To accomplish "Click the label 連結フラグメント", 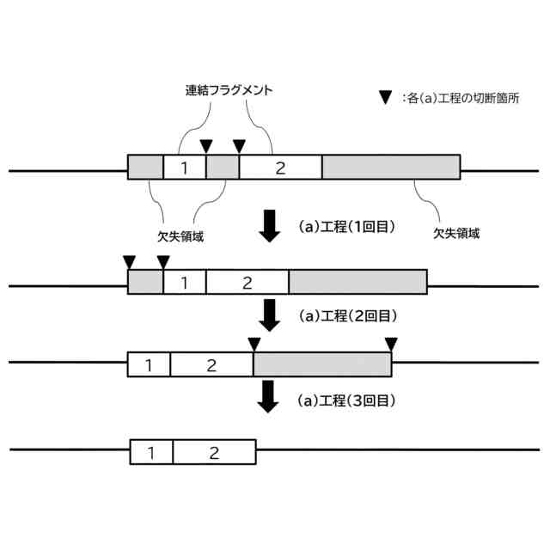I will [229, 89].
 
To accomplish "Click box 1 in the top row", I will [185, 168].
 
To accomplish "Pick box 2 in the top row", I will [280, 168].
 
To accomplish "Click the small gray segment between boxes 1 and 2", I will [223, 168].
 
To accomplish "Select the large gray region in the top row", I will [391, 168].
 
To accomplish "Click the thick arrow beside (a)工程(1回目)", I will [270, 225].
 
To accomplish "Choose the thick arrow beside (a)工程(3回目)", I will [270, 396].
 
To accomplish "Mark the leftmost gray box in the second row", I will [145, 282].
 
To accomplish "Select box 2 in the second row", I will [247, 282].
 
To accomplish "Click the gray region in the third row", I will [322, 364].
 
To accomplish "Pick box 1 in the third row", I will [149, 364].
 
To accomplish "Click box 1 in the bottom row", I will [151, 452].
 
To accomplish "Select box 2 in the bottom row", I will [214, 452].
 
